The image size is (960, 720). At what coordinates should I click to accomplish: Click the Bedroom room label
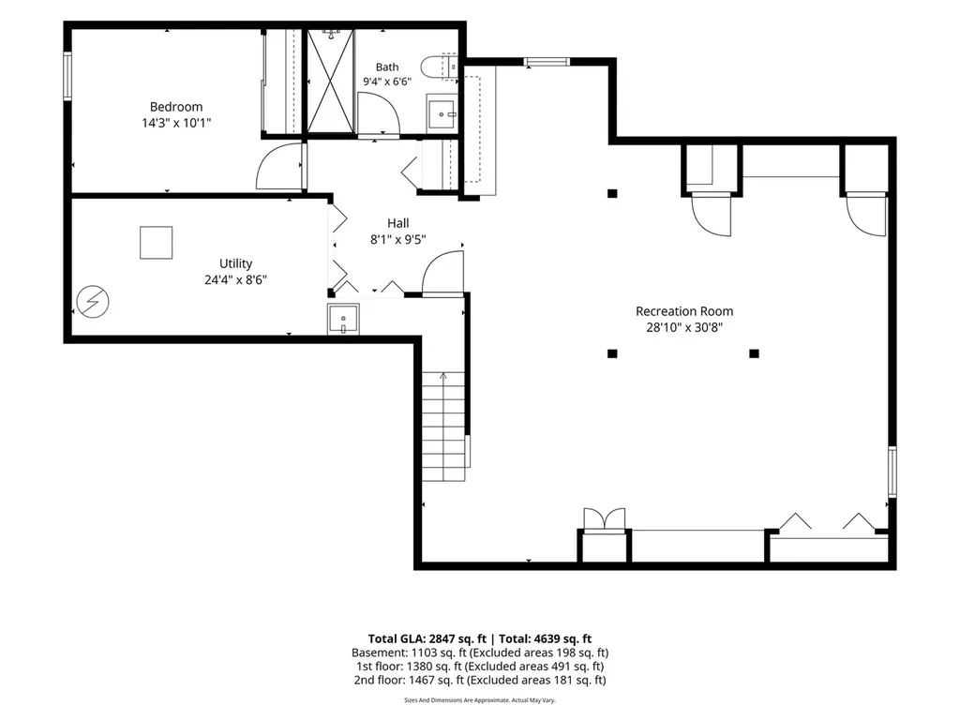pyautogui.click(x=176, y=107)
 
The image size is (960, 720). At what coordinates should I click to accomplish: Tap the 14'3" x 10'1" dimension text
pyautogui.click(x=176, y=123)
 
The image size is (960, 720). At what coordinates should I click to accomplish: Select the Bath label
pyautogui.click(x=387, y=67)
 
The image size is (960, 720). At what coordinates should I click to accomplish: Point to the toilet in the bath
pyautogui.click(x=439, y=67)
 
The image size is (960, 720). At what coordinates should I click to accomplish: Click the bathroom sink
pyautogui.click(x=442, y=113)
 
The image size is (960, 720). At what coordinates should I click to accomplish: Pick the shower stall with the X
pyautogui.click(x=330, y=81)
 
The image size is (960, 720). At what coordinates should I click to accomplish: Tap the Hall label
pyautogui.click(x=397, y=223)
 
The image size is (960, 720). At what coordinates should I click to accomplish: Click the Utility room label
pyautogui.click(x=235, y=263)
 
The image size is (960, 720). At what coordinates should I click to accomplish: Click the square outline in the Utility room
pyautogui.click(x=157, y=243)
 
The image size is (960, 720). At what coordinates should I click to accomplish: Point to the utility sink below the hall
pyautogui.click(x=343, y=319)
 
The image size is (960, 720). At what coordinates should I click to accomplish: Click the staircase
pyautogui.click(x=443, y=427)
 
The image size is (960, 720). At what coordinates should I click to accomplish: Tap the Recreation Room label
pyautogui.click(x=684, y=311)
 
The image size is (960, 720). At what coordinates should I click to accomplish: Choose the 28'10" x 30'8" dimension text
pyautogui.click(x=684, y=327)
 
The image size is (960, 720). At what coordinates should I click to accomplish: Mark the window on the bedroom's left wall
pyautogui.click(x=67, y=76)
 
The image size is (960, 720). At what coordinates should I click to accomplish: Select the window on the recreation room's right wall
pyautogui.click(x=892, y=472)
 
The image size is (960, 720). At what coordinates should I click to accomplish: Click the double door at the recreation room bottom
pyautogui.click(x=605, y=519)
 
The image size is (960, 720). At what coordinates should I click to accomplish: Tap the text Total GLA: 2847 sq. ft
pyautogui.click(x=427, y=639)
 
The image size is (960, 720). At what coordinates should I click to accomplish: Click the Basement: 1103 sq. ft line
pyautogui.click(x=480, y=652)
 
